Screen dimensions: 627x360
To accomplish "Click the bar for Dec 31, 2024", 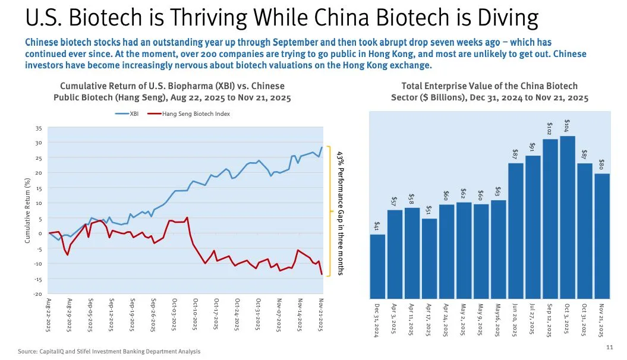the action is tap(377, 267).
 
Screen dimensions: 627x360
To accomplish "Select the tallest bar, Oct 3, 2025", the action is tap(568, 217).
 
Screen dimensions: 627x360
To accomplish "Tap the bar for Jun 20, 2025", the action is tap(516, 231).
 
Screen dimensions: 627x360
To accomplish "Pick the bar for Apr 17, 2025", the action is tap(430, 258).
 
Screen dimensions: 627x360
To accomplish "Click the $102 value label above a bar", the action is tap(549, 128).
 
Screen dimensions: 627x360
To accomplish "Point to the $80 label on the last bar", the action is tap(601, 164).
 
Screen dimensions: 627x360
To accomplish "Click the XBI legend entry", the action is tap(127, 114).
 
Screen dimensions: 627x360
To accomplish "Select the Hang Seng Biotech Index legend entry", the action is tap(189, 114).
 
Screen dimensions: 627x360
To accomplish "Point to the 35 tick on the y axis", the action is tap(39, 128).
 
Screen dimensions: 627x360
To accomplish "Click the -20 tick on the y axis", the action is tap(37, 294).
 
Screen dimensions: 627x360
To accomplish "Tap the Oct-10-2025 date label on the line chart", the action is tap(195, 314).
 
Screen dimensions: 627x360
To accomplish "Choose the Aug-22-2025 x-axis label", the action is tap(49, 314).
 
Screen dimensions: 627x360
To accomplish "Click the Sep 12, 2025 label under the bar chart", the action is tap(549, 320).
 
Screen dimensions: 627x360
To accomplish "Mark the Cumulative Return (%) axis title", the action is tap(27, 210).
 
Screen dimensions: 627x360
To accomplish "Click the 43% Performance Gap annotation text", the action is tap(341, 213).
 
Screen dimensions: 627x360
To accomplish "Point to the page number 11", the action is tap(609, 347).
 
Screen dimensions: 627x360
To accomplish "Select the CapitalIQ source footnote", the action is tap(109, 352).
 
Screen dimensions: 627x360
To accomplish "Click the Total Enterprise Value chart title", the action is tap(490, 92).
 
